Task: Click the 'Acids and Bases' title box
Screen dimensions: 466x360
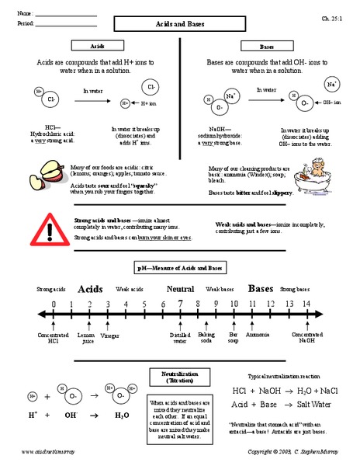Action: coord(180,26)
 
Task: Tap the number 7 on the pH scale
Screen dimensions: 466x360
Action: coord(180,304)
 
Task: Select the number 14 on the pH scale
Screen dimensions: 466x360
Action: coord(306,304)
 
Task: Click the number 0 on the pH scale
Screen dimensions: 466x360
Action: coord(54,304)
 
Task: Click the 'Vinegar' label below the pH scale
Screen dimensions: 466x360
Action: coord(111,335)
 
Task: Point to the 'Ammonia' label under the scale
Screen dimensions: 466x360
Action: coord(258,335)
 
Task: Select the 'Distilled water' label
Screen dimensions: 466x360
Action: coord(180,338)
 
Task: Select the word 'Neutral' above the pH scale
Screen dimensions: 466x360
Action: coord(180,288)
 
